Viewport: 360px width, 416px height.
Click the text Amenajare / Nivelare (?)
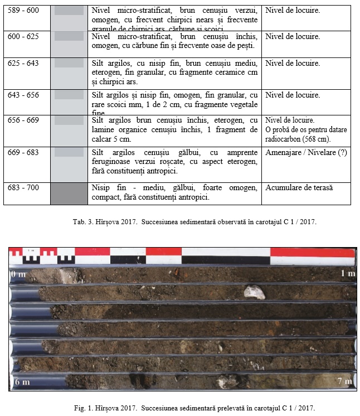click(306, 152)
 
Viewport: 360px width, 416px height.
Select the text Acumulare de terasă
click(299, 187)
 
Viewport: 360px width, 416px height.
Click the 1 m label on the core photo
click(347, 274)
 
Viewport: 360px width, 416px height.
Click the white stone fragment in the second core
click(255, 292)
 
